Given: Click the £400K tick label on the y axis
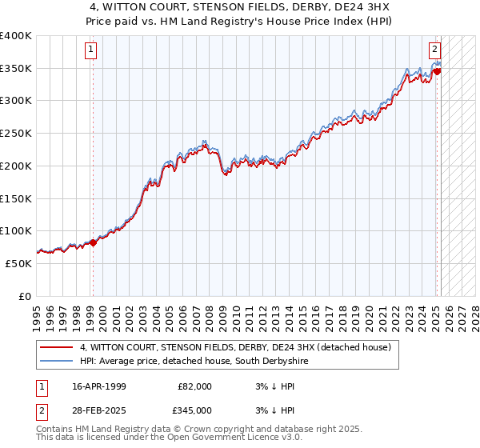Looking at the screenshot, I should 16,36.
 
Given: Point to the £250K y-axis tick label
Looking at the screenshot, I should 16,134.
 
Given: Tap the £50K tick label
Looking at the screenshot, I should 19,263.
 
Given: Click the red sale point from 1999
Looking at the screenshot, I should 93,242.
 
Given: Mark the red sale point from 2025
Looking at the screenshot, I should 438,72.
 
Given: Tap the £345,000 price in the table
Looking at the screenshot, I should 194,410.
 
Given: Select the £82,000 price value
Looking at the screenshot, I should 194,386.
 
